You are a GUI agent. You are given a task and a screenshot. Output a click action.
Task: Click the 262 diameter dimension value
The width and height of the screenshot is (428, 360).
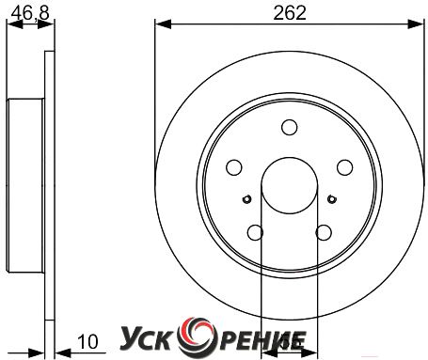tap(290, 13)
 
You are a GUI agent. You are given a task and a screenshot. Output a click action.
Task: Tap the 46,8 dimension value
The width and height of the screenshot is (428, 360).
tap(30, 13)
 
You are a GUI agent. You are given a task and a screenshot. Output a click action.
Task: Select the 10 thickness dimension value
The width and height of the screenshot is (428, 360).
tap(87, 342)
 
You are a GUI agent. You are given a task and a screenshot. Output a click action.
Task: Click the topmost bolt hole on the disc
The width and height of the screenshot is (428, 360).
tap(290, 127)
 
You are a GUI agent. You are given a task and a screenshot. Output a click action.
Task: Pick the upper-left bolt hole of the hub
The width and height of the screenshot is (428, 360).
tap(234, 167)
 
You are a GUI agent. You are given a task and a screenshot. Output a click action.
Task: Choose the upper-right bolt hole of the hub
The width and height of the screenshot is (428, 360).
tap(345, 167)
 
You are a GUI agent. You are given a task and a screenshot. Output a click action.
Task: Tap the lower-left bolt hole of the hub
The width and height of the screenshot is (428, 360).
tap(255, 232)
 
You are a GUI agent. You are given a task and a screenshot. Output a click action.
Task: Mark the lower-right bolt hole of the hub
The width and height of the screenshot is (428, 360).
tap(324, 232)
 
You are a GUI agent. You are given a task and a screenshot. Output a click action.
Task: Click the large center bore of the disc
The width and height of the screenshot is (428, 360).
tap(290, 185)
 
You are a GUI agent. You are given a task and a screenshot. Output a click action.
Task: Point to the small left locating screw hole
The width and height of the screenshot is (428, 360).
tap(247, 199)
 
